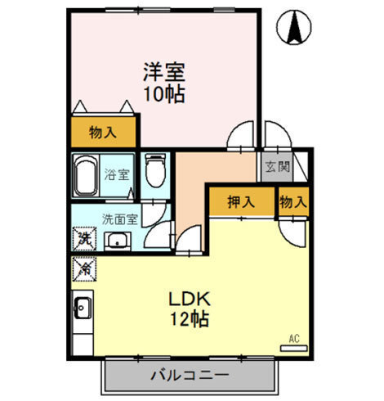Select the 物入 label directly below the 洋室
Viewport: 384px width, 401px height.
[103, 133]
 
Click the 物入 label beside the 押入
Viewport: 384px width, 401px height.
[293, 201]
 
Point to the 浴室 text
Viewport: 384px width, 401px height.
[116, 174]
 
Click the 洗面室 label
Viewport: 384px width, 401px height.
[119, 219]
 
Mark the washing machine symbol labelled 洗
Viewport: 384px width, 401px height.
[83, 239]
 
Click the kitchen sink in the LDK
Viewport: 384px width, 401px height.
[83, 308]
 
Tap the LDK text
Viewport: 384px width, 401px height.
[189, 298]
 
